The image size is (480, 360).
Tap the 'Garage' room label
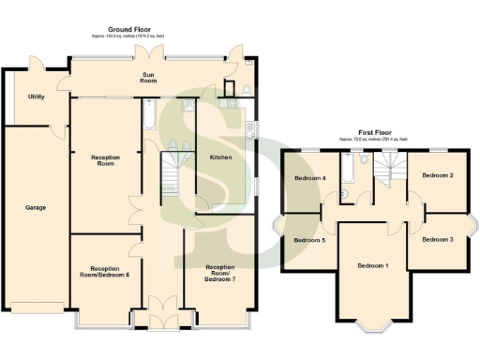[x=36, y=207]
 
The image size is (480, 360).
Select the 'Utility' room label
[x=36, y=97]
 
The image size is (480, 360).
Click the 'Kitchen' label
[x=221, y=157]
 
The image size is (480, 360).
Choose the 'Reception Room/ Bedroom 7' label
[x=219, y=274]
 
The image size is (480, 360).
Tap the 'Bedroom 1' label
[x=373, y=265]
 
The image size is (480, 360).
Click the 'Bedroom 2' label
[x=437, y=175]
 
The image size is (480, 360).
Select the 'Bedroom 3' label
[x=437, y=240]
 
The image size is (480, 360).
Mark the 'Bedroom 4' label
[x=310, y=178]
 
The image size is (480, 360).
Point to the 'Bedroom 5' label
[x=310, y=241]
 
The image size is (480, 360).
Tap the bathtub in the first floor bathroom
[x=346, y=169]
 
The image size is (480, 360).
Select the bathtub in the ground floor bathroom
[x=150, y=114]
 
